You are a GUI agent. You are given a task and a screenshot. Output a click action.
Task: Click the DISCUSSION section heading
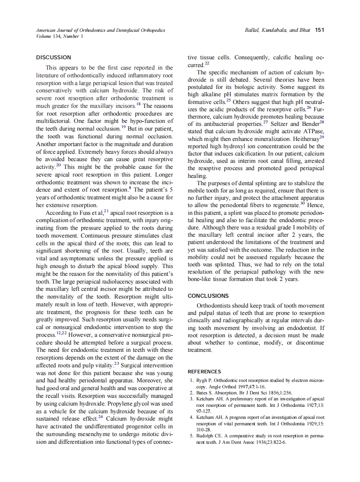(54, 57)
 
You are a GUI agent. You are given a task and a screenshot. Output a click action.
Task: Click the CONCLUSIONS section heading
(208, 296)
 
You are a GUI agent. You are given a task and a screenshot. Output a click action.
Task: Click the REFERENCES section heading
(204, 372)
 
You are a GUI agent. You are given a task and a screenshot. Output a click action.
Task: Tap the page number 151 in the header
(319, 30)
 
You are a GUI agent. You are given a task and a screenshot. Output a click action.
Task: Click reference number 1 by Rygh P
(192, 381)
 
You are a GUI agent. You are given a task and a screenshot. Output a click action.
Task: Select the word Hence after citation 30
(316, 205)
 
